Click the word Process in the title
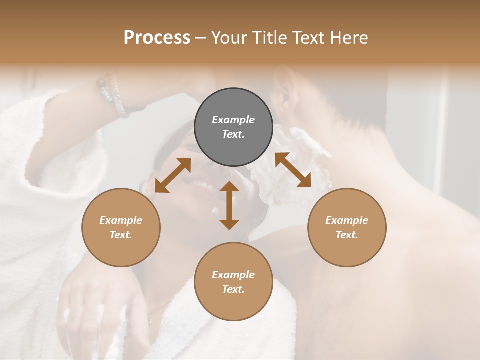pos(157,37)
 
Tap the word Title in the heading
pos(268,37)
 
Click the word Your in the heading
pos(229,37)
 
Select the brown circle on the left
pos(121,227)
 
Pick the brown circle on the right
pos(347,227)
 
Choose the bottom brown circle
pos(233,282)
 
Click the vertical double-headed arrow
pos(229,205)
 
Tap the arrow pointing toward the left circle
pos(173,175)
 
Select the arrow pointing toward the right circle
pos(293,170)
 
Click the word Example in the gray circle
pos(233,120)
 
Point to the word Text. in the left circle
pos(121,235)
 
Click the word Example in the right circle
pos(347,220)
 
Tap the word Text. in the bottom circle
pos(233,289)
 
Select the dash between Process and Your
pos(201,38)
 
